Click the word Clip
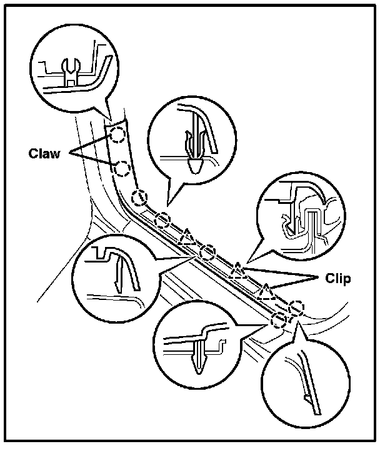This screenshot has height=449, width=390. (338, 278)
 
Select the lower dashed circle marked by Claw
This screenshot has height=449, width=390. (122, 167)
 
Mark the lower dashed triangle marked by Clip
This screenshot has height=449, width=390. (268, 291)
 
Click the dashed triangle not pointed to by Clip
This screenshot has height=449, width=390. (187, 238)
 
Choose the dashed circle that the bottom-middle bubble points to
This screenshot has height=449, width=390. (279, 319)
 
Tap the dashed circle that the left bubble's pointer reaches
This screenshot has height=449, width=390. (207, 253)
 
